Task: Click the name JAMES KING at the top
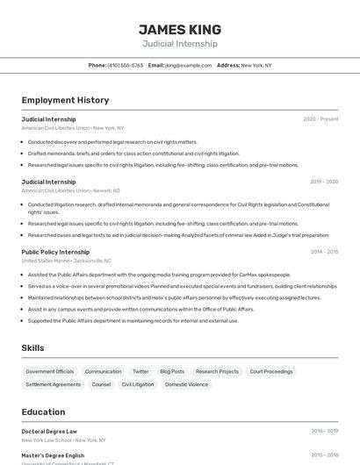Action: (180, 29)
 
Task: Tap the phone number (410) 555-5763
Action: (126, 65)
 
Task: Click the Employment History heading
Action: (65, 100)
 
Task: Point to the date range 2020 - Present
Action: (320, 118)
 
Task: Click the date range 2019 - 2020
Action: (324, 182)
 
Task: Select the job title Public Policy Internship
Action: (55, 252)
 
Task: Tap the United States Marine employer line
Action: (67, 261)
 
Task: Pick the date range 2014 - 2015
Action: (324, 252)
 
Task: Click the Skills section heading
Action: (32, 348)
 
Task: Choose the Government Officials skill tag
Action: (50, 371)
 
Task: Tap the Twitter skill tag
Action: (140, 371)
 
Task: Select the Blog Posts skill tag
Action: (172, 371)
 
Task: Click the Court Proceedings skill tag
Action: (271, 371)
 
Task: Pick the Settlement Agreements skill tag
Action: (53, 384)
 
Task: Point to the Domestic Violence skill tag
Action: (186, 384)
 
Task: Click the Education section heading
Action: (43, 411)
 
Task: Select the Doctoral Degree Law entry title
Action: (49, 431)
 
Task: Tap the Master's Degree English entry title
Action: (53, 455)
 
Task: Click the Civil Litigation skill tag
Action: (138, 384)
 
